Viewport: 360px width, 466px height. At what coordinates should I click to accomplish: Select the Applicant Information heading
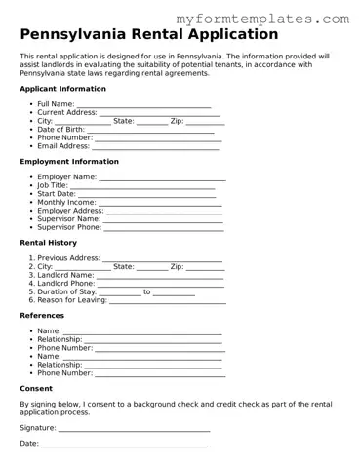point(62,88)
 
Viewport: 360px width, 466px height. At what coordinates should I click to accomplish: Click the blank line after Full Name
point(143,104)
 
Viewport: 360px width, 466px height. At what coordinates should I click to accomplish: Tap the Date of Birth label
point(60,129)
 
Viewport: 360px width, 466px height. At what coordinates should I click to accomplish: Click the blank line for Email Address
point(156,146)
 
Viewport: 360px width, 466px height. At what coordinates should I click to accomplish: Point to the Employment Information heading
point(70,162)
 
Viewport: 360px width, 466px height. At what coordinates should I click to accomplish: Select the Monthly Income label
point(66,202)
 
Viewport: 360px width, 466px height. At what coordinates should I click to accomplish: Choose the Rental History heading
point(48,243)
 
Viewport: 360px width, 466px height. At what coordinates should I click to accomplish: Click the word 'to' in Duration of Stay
point(147,291)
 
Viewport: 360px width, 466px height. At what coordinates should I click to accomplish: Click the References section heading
point(42,316)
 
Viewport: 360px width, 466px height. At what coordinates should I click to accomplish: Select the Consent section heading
point(36,388)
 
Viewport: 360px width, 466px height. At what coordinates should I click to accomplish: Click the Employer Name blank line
point(162,177)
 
